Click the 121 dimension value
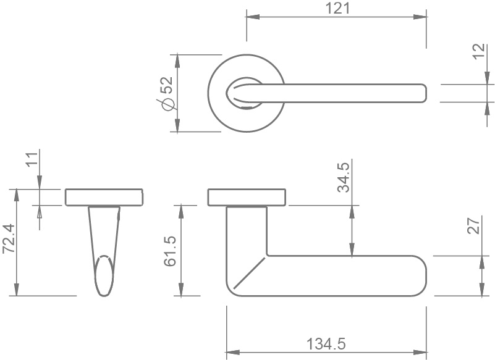[x=337, y=8]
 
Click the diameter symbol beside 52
[x=165, y=106]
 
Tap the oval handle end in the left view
[x=104, y=277]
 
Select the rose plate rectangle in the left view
[x=104, y=197]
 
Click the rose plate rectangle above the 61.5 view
[x=247, y=197]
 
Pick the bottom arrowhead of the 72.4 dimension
[x=17, y=291]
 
